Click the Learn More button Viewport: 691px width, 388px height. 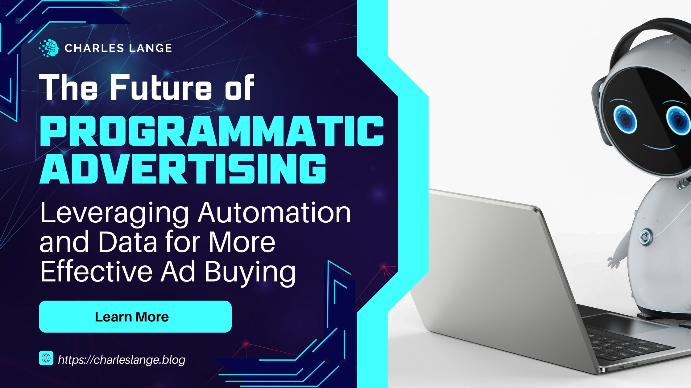135,317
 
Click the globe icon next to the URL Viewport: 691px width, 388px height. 46,358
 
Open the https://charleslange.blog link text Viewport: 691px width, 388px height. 122,359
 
